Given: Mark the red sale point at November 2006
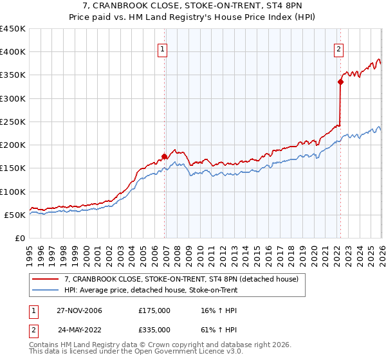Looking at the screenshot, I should tap(165, 156).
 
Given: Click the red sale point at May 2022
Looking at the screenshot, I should tap(340, 82).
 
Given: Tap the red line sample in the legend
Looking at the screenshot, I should tap(46, 280).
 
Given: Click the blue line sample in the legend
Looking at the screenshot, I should tap(46, 291).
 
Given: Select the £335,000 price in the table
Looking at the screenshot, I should tap(154, 329).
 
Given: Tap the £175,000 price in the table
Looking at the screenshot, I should tap(154, 310).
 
